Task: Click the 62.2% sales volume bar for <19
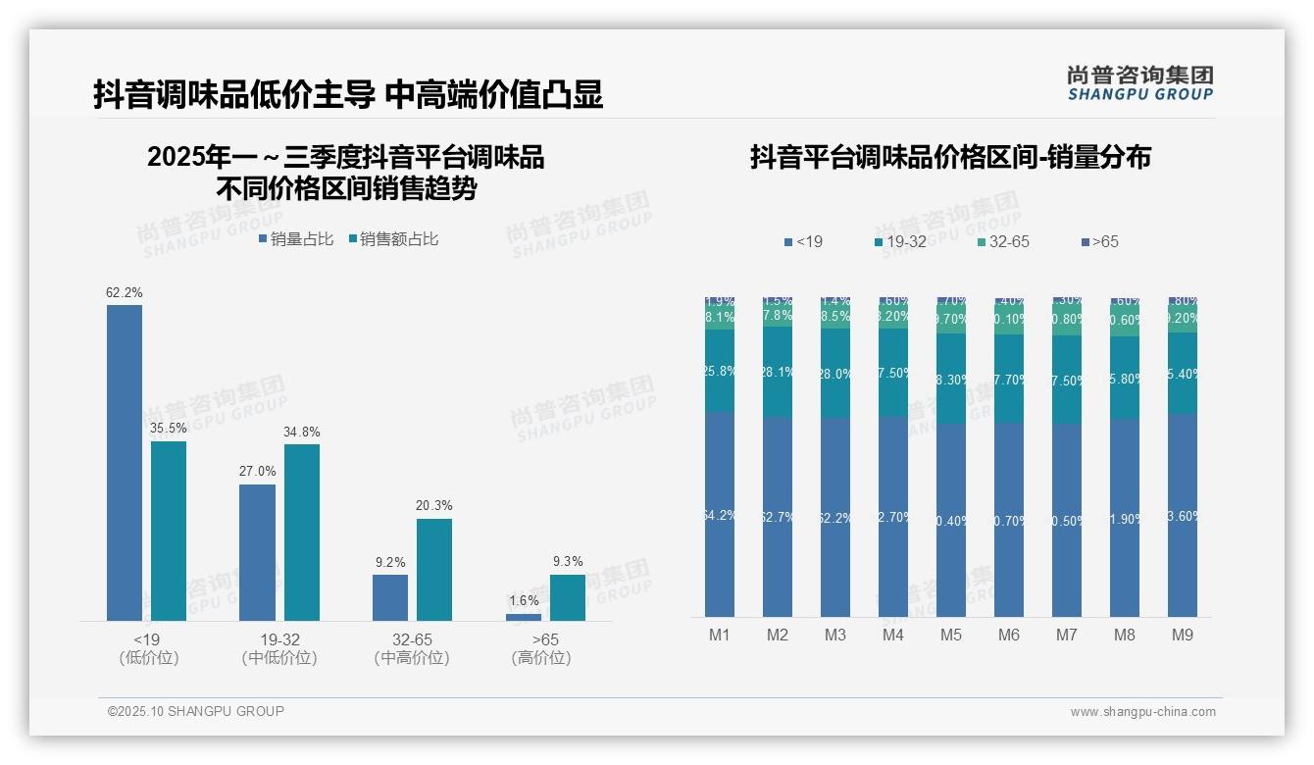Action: (125, 462)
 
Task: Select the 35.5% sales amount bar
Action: (169, 531)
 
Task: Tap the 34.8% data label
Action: (301, 432)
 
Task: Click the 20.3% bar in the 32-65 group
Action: (434, 569)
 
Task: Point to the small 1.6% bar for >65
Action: (524, 617)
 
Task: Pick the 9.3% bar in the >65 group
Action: (568, 597)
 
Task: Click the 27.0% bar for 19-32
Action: (257, 552)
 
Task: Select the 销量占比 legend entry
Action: (295, 238)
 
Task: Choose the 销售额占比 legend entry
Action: (393, 238)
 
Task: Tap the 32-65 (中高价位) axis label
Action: (412, 648)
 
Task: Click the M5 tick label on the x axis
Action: (951, 635)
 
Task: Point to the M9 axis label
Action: (1183, 635)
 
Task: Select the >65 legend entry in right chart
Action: (1099, 241)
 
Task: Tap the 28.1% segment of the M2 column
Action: (778, 372)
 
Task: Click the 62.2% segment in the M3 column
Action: (835, 517)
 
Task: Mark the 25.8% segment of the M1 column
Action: (720, 371)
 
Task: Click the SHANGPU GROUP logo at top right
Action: (1140, 82)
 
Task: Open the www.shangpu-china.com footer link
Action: (1142, 712)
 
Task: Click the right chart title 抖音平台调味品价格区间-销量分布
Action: (950, 157)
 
